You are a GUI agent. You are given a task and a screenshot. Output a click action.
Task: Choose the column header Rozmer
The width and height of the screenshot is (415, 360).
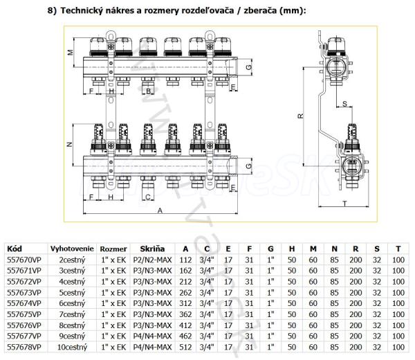click(113, 249)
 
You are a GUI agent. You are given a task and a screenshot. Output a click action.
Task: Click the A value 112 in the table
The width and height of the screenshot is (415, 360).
click(185, 260)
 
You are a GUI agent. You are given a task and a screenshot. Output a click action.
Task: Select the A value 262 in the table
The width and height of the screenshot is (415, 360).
click(185, 291)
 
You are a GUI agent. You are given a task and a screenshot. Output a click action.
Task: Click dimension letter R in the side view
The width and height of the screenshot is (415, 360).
click(299, 116)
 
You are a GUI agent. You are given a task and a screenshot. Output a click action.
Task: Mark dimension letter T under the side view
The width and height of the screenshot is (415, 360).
click(344, 204)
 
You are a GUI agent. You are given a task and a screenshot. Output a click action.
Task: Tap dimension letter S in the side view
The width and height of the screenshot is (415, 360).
click(344, 104)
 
